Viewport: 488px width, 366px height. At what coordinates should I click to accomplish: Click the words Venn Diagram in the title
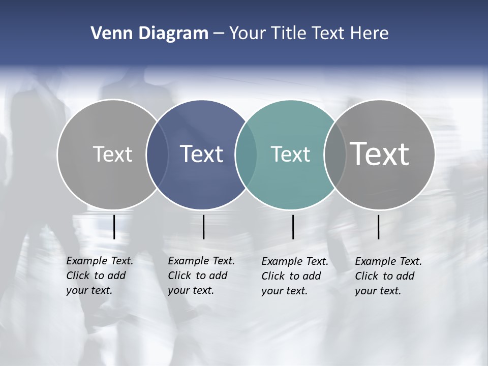pos(149,34)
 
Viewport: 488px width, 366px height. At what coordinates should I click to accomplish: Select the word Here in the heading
pos(369,34)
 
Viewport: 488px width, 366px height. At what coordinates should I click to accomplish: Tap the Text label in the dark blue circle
pos(202,154)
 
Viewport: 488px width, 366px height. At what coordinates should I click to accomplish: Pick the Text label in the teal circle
pos(290,154)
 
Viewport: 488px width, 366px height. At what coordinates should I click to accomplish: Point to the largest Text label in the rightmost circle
pos(380,154)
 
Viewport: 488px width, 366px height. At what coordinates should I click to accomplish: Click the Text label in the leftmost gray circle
pos(112,154)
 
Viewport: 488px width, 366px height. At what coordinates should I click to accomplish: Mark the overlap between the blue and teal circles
pos(246,154)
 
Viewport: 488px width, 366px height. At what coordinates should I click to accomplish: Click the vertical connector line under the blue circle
pos(203,227)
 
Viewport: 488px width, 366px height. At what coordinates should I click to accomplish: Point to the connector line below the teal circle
pos(293,227)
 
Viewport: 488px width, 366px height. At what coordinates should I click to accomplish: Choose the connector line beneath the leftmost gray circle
pos(114,227)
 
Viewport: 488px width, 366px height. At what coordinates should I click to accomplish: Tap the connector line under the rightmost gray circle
pos(378,227)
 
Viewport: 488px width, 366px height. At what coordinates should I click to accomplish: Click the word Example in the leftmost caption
pos(84,261)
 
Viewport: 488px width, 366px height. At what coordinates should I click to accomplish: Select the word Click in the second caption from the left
pos(179,276)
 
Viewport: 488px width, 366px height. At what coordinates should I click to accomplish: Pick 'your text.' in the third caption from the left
pos(285,291)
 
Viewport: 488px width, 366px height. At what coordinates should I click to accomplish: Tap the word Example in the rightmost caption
pos(373,262)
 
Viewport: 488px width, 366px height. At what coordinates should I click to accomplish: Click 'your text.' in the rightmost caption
pos(378,291)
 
